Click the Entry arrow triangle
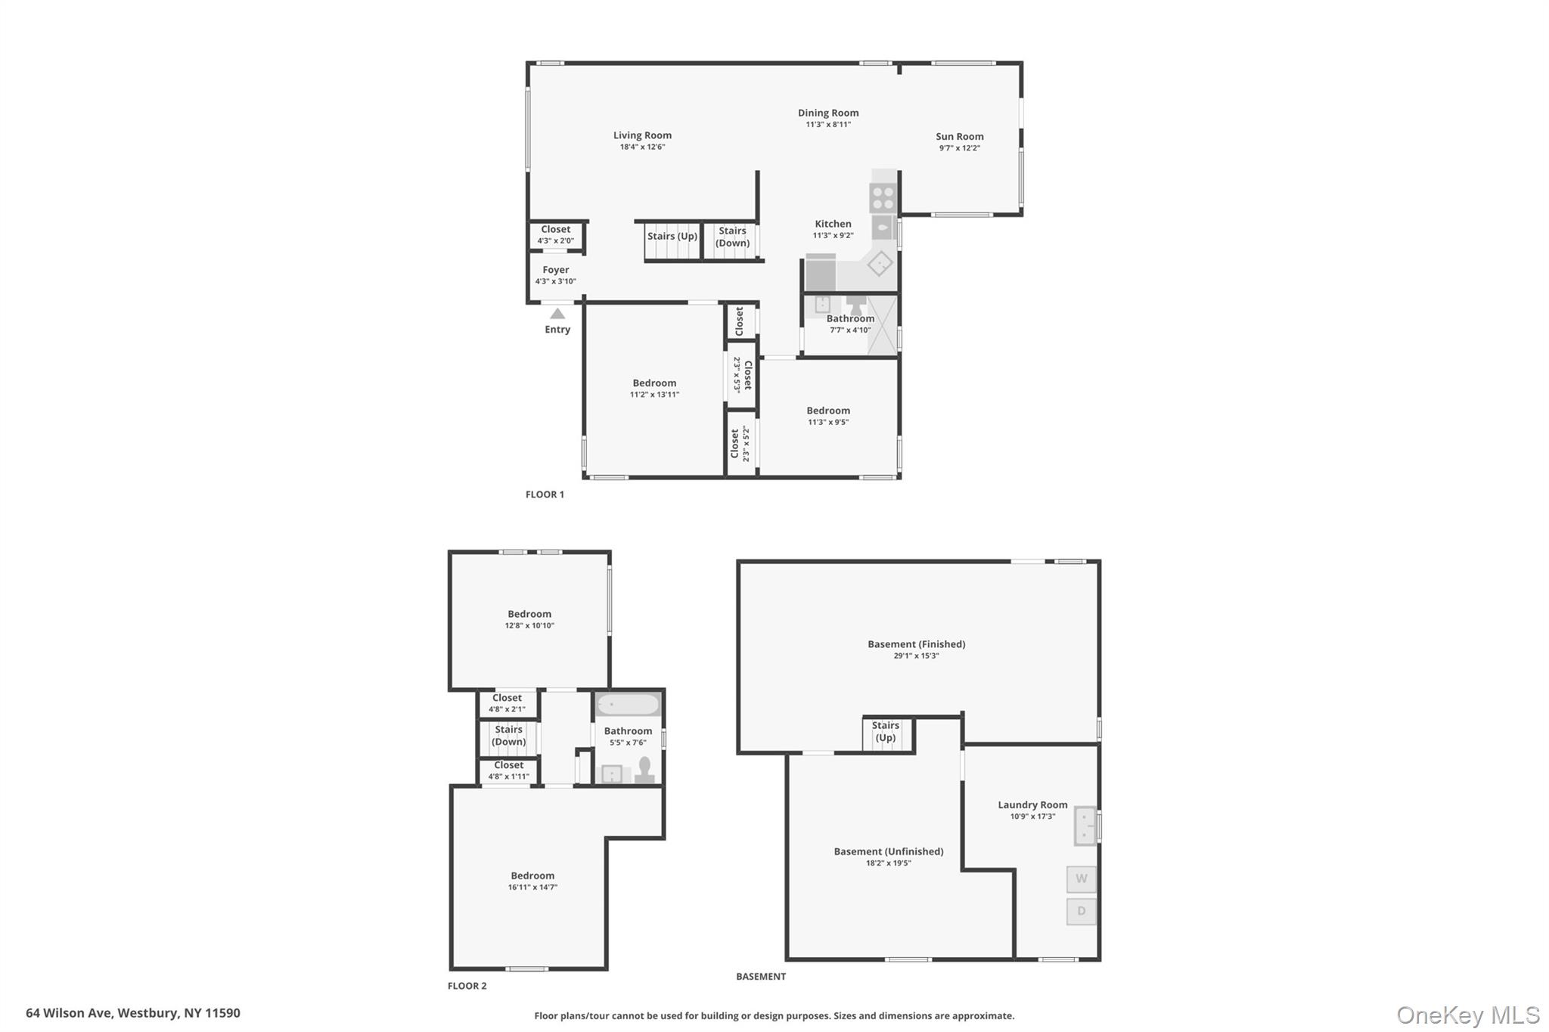557,313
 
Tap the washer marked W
1082,879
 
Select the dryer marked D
1082,911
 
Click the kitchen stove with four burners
883,197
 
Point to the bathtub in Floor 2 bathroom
628,705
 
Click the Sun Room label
960,137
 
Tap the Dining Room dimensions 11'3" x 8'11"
828,125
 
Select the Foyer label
556,270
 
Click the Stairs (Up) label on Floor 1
672,236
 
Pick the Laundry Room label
1032,805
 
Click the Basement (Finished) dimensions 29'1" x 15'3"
916,656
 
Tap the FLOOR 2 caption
467,986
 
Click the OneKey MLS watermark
1467,1015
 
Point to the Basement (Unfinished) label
889,851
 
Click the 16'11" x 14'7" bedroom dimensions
532,888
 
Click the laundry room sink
1086,826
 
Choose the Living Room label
642,135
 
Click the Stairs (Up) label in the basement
886,732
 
